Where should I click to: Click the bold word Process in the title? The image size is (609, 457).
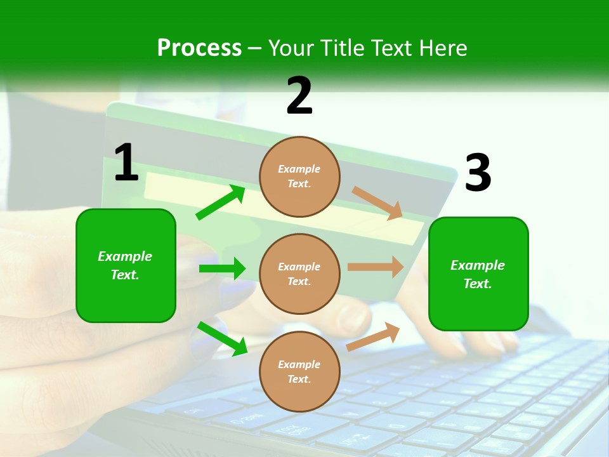[x=199, y=48]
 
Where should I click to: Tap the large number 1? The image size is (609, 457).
[x=126, y=162]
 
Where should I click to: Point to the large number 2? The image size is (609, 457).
[x=299, y=96]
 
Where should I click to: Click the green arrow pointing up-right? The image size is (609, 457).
[x=220, y=202]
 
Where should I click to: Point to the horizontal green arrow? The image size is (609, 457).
[x=222, y=268]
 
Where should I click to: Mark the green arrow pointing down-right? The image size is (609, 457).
[x=222, y=338]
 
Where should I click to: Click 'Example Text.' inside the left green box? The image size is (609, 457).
[x=125, y=265]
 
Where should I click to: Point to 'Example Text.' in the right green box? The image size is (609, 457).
[x=478, y=274]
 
